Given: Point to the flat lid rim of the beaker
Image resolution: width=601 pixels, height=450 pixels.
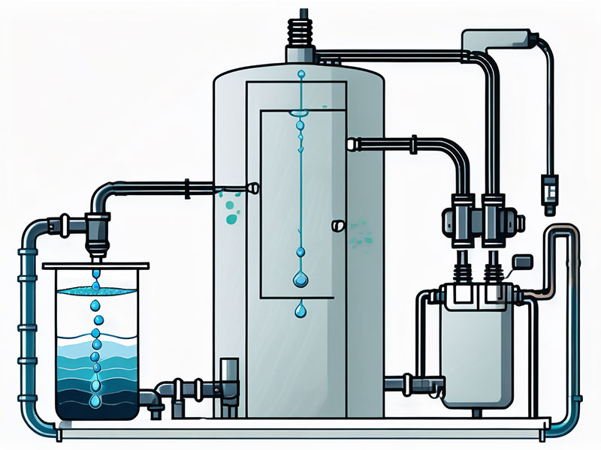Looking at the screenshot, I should (x=96, y=265).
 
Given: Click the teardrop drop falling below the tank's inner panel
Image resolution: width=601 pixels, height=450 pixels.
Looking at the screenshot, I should (x=300, y=309).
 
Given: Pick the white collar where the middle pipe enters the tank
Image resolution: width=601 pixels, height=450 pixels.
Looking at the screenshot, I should (x=351, y=142).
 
